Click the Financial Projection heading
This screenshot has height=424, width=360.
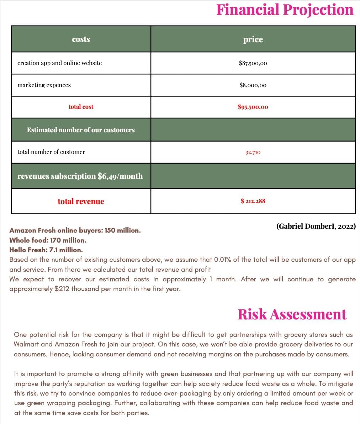pos(285,10)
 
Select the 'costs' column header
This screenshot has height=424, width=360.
pos(81,39)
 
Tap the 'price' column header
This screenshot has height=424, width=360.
pos(253,39)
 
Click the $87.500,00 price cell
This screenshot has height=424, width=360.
pos(253,63)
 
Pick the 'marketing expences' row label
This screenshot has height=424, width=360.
pos(44,85)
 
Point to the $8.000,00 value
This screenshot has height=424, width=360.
pos(253,85)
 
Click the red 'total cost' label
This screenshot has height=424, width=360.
pos(81,107)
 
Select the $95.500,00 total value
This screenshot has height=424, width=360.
pos(253,107)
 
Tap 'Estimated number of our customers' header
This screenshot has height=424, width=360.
pos(81,130)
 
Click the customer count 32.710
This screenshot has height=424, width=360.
pos(253,152)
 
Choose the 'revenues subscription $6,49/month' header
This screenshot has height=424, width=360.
pos(80,176)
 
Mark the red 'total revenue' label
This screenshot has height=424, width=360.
pos(81,201)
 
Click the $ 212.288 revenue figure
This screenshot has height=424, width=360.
pos(253,201)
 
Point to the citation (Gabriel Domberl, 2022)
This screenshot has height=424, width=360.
pos(316,226)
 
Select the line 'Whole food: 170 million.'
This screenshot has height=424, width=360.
pos(48,240)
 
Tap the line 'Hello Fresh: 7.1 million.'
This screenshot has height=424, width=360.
pos(46,250)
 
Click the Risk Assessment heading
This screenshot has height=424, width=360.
pos(292,314)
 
